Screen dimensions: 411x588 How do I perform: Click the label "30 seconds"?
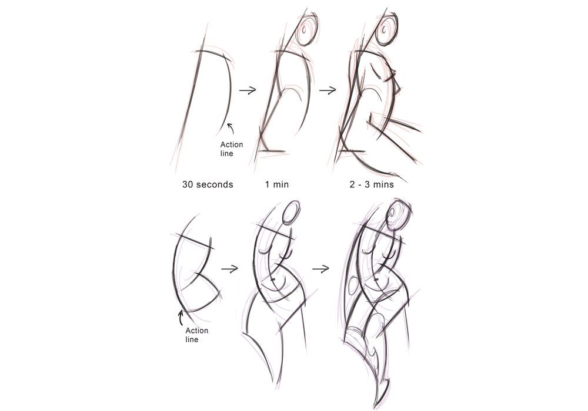point(208,184)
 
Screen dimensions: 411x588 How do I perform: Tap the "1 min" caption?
point(277,184)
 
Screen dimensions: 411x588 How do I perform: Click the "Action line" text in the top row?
point(231,150)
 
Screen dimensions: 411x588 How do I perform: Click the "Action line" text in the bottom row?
point(196,335)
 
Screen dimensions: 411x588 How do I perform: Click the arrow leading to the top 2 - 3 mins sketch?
point(327,90)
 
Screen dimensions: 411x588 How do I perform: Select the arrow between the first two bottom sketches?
point(229,269)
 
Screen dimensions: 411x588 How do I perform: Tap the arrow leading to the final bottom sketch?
point(320,269)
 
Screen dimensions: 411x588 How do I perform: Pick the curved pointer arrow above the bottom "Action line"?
point(181,318)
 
